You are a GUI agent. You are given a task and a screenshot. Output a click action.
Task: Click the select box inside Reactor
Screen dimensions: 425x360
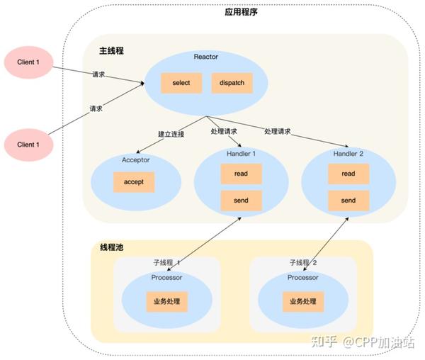point(181,83)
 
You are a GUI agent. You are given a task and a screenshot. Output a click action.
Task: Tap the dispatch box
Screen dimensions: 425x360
point(232,83)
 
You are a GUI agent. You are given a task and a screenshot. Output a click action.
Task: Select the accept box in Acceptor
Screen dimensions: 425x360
point(134,182)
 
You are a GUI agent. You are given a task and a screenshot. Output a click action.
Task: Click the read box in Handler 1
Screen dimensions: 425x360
point(242,174)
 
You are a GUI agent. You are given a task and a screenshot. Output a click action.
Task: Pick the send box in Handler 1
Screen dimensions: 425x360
point(242,201)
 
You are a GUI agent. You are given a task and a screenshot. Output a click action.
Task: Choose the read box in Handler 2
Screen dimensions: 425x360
point(348,174)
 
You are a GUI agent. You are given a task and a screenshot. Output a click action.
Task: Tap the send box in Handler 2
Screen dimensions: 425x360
point(348,201)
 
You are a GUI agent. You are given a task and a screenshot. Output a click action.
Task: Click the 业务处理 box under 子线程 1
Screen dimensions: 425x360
point(167,301)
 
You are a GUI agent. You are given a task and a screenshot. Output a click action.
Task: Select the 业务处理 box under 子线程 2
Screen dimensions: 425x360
point(303,301)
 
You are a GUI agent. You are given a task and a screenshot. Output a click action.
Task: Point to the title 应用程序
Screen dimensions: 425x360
point(241,12)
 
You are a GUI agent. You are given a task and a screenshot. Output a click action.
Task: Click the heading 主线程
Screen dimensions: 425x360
point(111,51)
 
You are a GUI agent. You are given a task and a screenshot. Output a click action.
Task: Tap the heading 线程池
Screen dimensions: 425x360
point(112,247)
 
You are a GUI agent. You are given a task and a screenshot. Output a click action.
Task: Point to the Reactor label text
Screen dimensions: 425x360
point(206,57)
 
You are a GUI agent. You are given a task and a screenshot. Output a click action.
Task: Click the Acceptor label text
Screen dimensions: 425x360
point(136,160)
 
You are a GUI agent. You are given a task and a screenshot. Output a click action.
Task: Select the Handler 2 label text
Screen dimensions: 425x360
point(348,154)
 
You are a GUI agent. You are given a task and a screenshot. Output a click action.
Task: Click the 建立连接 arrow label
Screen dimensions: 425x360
point(171,134)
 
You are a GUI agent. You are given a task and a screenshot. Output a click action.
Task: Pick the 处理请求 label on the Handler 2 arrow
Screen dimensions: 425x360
point(277,132)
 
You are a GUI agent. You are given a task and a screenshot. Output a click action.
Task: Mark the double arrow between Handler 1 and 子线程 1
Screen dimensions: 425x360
point(204,244)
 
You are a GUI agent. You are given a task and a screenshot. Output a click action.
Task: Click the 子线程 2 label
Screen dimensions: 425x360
point(303,263)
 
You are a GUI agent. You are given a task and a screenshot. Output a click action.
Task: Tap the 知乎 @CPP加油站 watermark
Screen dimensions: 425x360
point(363,342)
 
